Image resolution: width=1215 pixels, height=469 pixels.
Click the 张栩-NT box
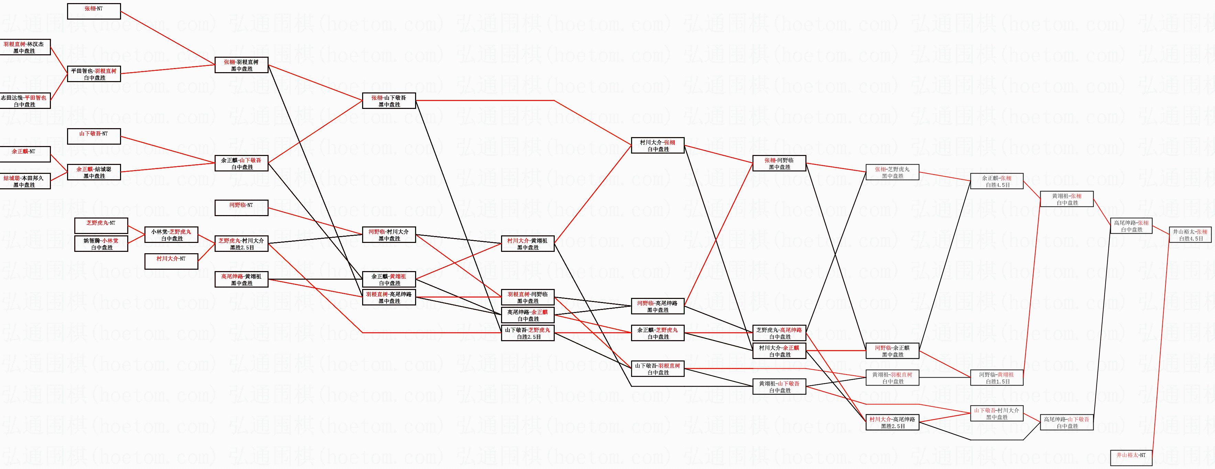[94, 11]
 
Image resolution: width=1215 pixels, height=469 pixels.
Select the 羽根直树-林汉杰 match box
[24, 47]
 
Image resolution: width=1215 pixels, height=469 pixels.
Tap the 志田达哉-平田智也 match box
[24, 101]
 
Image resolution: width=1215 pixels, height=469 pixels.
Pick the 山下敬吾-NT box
[94, 136]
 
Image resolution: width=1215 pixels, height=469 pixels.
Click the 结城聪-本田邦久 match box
[24, 181]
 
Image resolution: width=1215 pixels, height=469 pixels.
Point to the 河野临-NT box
[241, 208]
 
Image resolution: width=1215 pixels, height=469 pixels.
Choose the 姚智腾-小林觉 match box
[101, 244]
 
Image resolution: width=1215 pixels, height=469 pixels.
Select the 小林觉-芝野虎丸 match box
[171, 235]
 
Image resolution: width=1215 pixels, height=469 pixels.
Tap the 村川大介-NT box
[171, 261]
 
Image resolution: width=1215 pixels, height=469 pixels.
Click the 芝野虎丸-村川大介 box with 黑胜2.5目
[241, 244]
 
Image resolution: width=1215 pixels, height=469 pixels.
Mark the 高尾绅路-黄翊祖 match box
[241, 280]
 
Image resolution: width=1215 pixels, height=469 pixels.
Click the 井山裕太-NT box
[1131, 458]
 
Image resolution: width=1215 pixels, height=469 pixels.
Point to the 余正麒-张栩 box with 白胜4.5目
[997, 181]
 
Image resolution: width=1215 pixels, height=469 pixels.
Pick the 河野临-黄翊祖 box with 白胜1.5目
[997, 378]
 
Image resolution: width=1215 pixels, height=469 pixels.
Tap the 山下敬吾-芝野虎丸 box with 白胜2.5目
[528, 333]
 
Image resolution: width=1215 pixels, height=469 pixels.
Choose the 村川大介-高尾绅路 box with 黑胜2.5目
[893, 422]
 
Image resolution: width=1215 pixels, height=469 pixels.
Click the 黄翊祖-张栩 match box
[1067, 199]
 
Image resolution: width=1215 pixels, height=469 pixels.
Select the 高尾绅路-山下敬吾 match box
[1067, 422]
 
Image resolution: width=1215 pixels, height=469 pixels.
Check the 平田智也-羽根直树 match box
[94, 74]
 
